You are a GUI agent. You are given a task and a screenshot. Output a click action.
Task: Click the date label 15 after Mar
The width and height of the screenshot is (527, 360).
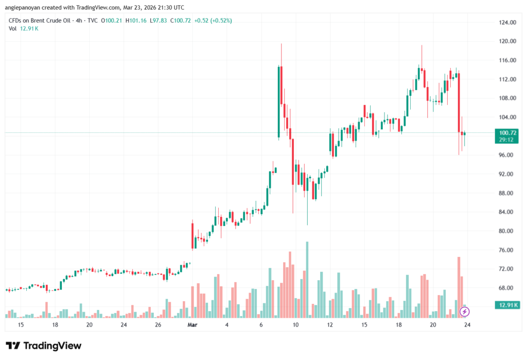[x=364, y=325]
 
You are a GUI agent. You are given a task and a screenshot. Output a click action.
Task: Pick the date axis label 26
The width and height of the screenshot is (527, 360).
[x=158, y=325]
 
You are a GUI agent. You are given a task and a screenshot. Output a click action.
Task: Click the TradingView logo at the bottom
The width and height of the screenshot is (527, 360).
[x=43, y=346]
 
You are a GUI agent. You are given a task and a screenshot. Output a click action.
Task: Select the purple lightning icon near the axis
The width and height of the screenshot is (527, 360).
[x=464, y=312]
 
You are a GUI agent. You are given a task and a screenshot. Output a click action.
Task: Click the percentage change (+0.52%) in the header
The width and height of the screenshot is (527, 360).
[x=220, y=21]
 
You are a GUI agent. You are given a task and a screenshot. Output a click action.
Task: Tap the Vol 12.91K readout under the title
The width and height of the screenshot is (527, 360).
[x=24, y=28]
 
